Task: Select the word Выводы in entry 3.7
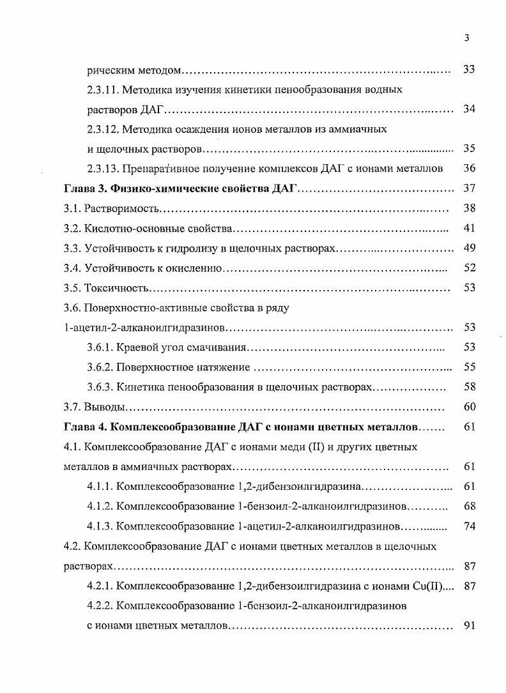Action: point(102,407)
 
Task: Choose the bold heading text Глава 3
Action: point(85,189)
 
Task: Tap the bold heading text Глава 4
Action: point(85,427)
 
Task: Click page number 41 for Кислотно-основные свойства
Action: point(469,229)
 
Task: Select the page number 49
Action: point(469,248)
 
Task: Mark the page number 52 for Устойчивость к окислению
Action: point(469,268)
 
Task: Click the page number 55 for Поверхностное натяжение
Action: point(469,367)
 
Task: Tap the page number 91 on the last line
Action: point(469,625)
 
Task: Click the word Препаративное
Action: point(162,169)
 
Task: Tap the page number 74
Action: point(469,526)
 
